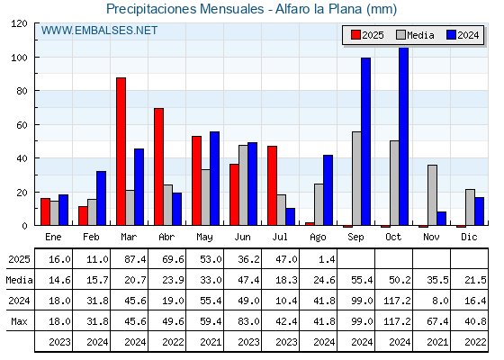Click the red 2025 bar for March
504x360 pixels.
[x=121, y=151]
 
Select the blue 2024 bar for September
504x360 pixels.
[x=365, y=141]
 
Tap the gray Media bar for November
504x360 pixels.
[x=432, y=195]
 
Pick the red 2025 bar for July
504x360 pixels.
[x=272, y=185]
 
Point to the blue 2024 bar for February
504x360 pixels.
[x=101, y=198]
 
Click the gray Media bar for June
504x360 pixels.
[x=243, y=185]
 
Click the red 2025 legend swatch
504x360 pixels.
[x=355, y=35]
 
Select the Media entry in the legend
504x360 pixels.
[x=415, y=35]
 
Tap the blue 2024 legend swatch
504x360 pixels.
[x=451, y=35]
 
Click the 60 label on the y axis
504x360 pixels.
[x=22, y=125]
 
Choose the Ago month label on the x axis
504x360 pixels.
[x=318, y=238]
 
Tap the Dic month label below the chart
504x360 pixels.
[x=469, y=237]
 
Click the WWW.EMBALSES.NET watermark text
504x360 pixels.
[x=99, y=31]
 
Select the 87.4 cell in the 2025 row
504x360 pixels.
[x=135, y=259]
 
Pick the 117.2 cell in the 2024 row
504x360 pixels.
[x=397, y=301]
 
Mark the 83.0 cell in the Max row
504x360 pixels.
[x=248, y=321]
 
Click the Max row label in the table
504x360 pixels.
[x=19, y=321]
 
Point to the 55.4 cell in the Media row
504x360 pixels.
[x=362, y=280]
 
